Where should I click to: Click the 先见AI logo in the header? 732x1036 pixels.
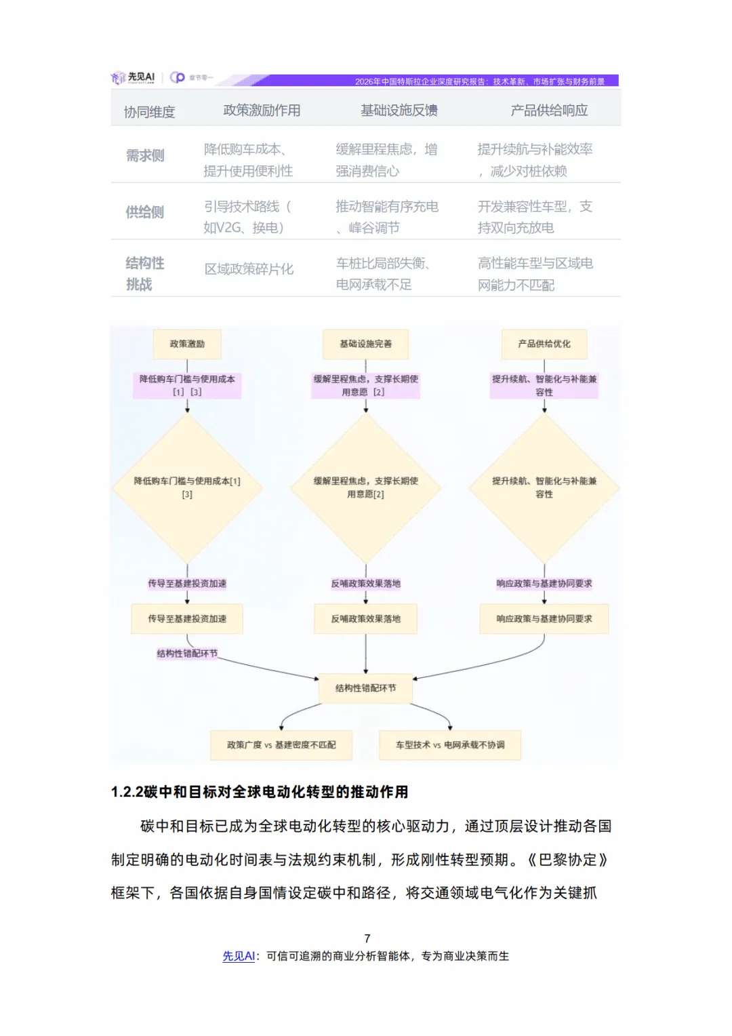(134, 78)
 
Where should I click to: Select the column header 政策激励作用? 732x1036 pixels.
(262, 111)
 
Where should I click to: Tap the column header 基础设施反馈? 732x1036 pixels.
(399, 111)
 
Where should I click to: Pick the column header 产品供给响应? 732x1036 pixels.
(549, 111)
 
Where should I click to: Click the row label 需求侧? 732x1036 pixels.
(145, 156)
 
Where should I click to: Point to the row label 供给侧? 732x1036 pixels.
(145, 212)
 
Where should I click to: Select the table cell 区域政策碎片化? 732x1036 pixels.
(249, 269)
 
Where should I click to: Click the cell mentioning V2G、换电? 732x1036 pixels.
(247, 217)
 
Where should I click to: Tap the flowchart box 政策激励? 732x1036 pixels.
(187, 344)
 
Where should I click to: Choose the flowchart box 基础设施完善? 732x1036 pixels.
(365, 344)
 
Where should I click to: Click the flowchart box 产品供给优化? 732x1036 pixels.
(544, 344)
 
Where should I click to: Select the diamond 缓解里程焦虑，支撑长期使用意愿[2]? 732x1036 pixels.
(365, 487)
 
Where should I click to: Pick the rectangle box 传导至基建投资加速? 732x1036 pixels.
(187, 619)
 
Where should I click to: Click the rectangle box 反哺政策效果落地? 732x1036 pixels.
(365, 619)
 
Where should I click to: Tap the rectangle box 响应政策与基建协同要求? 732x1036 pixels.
(544, 619)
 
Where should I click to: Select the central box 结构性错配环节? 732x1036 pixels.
(365, 688)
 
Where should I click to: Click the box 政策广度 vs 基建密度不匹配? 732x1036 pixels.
(281, 745)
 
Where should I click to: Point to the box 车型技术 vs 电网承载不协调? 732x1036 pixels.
(450, 745)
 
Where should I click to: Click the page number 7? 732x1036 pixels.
(367, 939)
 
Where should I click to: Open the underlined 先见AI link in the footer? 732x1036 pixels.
(239, 956)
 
